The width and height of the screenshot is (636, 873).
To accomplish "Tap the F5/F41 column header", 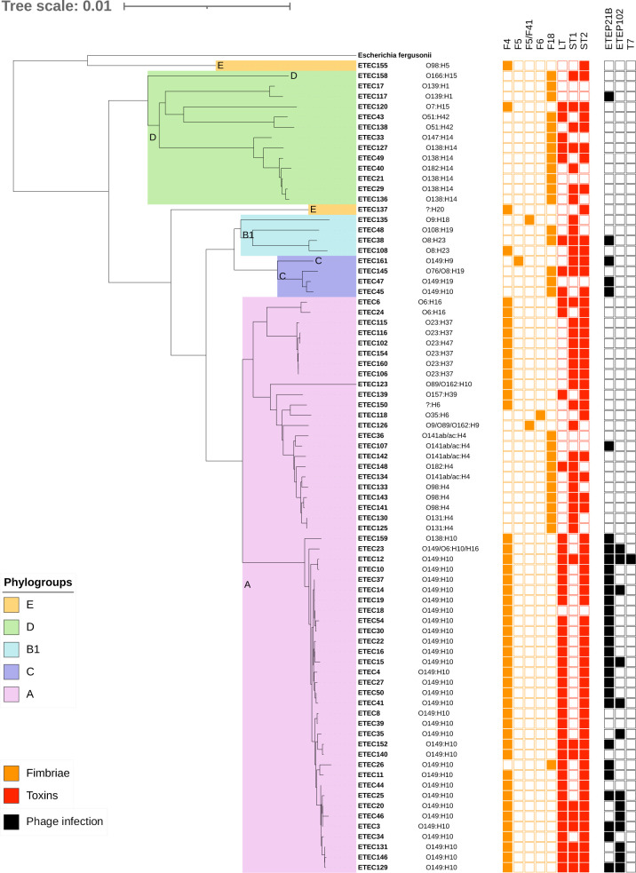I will [x=530, y=36].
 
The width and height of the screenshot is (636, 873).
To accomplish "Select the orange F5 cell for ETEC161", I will [x=519, y=260].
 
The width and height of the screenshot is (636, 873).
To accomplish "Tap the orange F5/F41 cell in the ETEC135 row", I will [x=529, y=219].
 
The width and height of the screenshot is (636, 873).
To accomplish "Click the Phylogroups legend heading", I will [x=38, y=583].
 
